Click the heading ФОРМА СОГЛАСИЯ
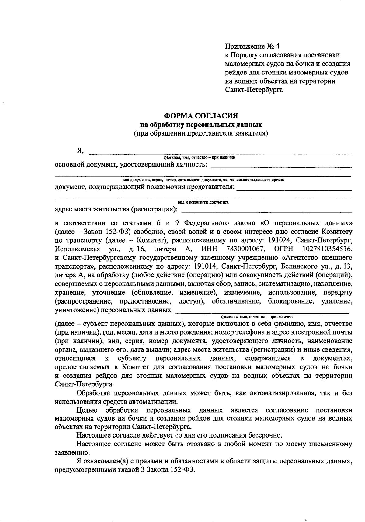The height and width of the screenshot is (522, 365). tap(201, 116)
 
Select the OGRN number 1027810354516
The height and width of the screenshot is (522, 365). tap(327, 249)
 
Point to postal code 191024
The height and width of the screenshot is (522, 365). tap(279, 240)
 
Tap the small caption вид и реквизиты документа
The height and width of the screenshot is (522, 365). tap(203, 202)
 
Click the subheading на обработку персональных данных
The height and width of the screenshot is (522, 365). tap(201, 125)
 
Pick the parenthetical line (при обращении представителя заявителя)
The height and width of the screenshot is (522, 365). tap(201, 133)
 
